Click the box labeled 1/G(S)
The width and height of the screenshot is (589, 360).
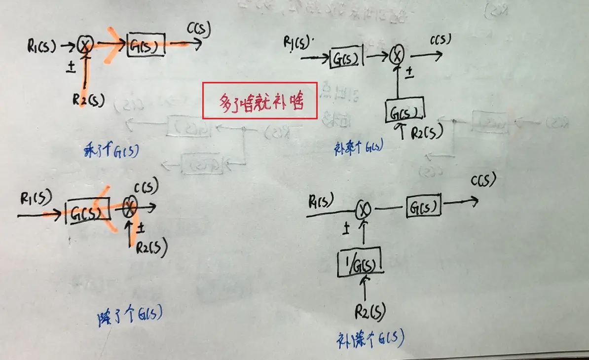360,261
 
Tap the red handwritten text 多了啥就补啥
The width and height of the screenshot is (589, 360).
260,101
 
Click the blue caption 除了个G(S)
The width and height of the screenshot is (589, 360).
130,315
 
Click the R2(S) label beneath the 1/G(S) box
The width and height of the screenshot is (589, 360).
369,312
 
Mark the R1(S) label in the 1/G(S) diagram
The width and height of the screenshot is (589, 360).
321,201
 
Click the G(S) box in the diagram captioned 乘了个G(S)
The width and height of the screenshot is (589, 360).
146,45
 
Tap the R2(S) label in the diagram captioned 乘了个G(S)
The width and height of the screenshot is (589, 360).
88,100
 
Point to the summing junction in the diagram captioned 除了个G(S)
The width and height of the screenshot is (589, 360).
129,208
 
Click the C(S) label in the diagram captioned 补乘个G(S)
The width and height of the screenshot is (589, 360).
440,40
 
